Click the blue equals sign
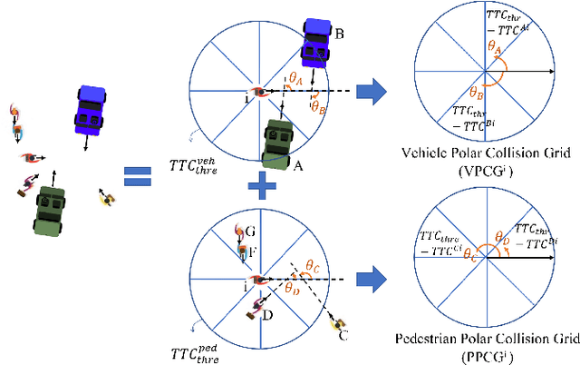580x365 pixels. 137,175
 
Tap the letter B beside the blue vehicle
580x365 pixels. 339,35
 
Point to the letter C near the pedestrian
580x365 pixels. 342,338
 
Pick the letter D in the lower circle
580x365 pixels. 268,315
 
